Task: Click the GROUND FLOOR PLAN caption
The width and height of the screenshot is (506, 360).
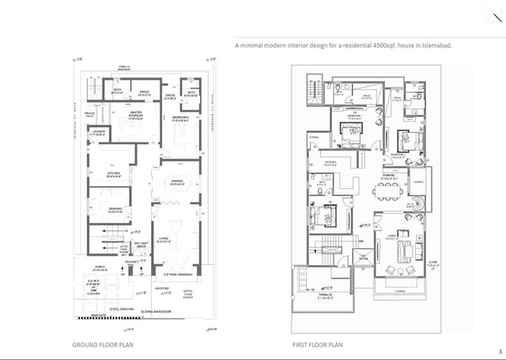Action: coord(102,346)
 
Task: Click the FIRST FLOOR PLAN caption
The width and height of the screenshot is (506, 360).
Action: coord(317,346)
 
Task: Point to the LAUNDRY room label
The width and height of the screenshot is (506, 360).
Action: coord(99,133)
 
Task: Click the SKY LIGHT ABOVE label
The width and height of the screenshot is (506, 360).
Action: coord(142,246)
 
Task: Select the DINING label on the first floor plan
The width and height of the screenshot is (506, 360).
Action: coord(388,176)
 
